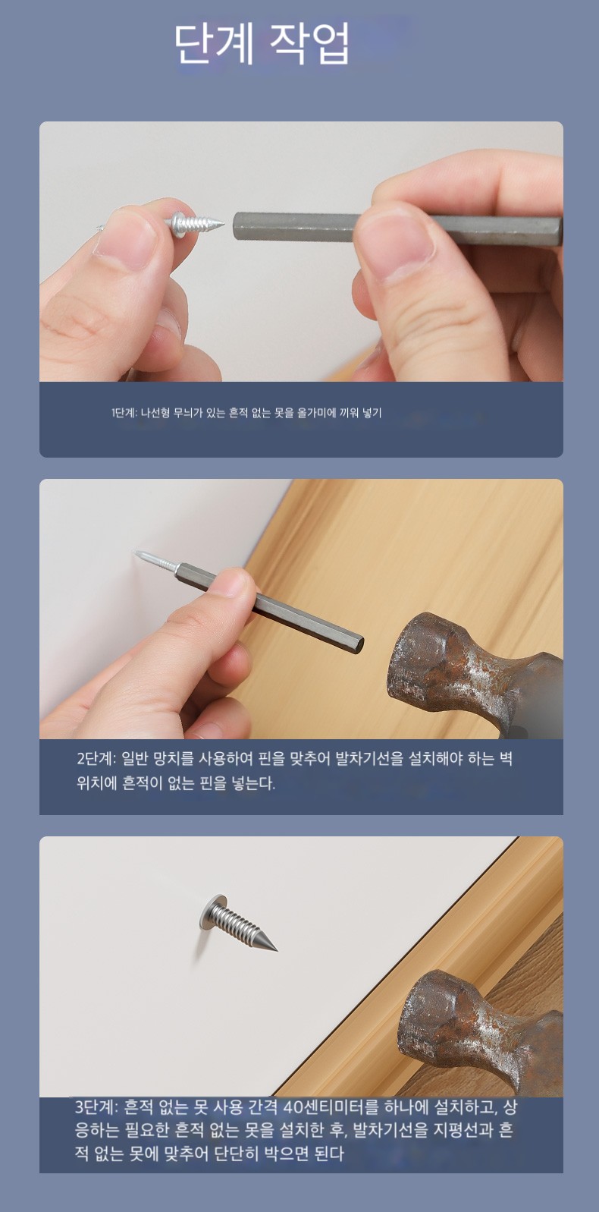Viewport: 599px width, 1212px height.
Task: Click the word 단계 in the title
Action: point(215,44)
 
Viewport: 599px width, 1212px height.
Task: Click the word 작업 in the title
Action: point(309,44)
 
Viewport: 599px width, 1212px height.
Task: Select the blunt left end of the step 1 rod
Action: point(236,226)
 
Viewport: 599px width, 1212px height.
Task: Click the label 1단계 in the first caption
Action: point(124,414)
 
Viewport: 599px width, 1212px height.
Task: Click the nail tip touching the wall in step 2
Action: point(135,552)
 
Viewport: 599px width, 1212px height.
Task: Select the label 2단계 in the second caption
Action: point(96,759)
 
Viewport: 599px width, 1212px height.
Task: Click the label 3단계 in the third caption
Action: point(95,1107)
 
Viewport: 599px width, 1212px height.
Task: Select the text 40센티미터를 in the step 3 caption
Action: point(331,1107)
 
